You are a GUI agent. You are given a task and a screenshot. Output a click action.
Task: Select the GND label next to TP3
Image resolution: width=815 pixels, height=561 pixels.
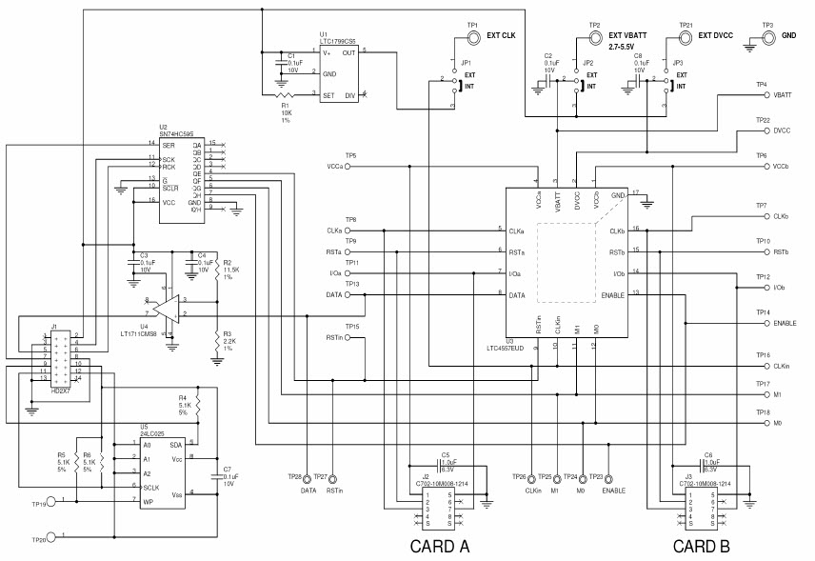click(x=789, y=35)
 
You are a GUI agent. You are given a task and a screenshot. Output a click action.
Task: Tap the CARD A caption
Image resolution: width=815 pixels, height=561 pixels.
click(x=439, y=547)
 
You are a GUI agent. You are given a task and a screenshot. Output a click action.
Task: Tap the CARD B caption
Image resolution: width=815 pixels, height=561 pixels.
click(x=701, y=547)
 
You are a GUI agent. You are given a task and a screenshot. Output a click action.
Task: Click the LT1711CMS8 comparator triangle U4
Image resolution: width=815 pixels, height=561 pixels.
click(x=169, y=307)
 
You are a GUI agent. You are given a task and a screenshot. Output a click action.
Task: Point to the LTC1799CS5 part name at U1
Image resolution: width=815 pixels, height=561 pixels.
click(x=338, y=42)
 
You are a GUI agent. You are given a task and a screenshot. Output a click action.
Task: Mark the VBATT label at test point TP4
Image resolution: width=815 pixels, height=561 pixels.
click(x=783, y=95)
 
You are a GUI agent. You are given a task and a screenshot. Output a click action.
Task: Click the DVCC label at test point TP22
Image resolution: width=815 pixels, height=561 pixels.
click(x=782, y=130)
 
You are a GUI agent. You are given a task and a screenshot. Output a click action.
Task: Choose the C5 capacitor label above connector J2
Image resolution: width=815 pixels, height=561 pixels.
click(x=445, y=455)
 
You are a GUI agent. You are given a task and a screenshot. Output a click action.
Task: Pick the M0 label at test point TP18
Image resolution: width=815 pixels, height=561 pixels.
click(x=778, y=422)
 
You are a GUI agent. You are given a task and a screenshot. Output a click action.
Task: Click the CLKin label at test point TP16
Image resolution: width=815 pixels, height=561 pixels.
click(x=782, y=366)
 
